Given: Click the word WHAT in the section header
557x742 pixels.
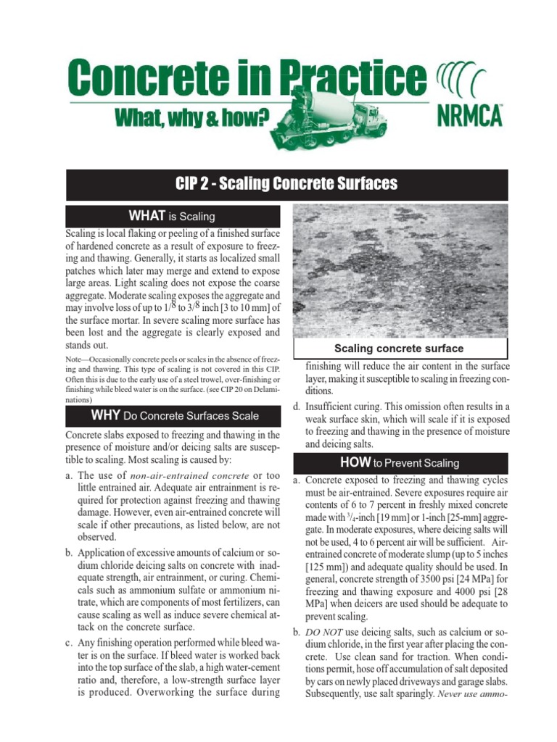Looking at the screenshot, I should coord(147,216).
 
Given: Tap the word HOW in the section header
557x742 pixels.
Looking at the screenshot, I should coord(355,462).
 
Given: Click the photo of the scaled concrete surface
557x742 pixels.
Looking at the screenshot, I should coord(399,272).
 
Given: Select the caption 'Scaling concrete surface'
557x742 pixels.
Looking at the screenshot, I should coord(398,349).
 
